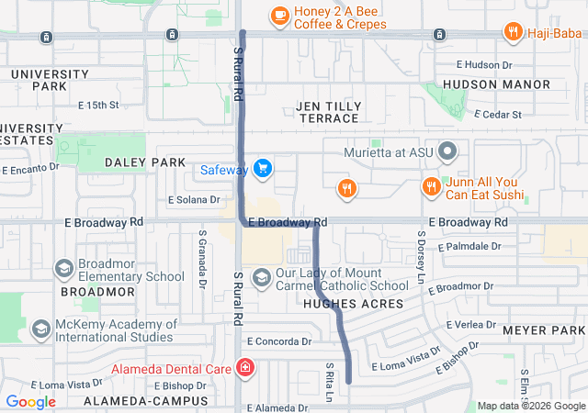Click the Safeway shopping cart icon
coord(264,168)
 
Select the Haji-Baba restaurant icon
coord(514,34)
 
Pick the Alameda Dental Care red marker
coord(244,369)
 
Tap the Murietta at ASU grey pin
coord(447,151)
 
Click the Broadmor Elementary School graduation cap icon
coord(63,269)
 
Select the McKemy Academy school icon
coord(40,329)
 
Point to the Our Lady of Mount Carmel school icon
coord(261,277)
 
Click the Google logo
coord(31,401)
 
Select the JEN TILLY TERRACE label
coord(328,112)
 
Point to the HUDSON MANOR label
coord(496,84)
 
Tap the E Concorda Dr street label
coord(279,341)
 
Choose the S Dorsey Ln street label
coord(423,260)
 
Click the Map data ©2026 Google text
coord(530,406)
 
